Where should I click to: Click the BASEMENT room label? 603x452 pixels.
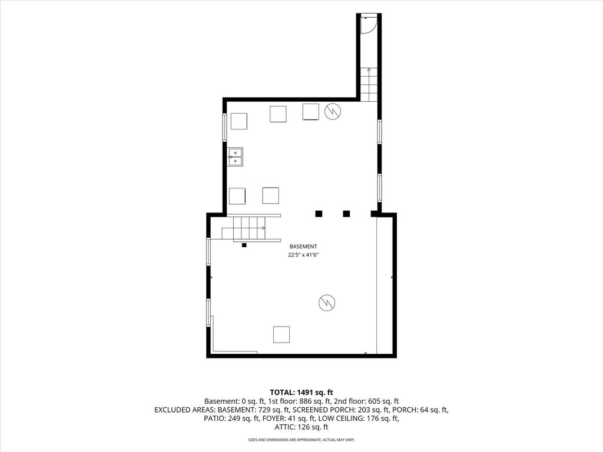[x=303, y=247]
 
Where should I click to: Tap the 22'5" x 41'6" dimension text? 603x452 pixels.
[x=303, y=254]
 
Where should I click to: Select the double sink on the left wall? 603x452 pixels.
[x=235, y=157]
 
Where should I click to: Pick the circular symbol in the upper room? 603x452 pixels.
[x=333, y=111]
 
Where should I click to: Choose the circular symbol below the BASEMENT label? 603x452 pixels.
[x=327, y=303]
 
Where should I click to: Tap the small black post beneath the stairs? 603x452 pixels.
[x=244, y=245]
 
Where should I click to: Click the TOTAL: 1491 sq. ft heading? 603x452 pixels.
[x=301, y=393]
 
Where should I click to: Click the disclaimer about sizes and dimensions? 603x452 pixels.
[x=301, y=439]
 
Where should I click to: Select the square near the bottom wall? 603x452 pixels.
[x=281, y=334]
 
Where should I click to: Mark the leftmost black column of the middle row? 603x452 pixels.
[x=319, y=214]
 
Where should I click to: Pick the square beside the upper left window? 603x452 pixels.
[x=239, y=121]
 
